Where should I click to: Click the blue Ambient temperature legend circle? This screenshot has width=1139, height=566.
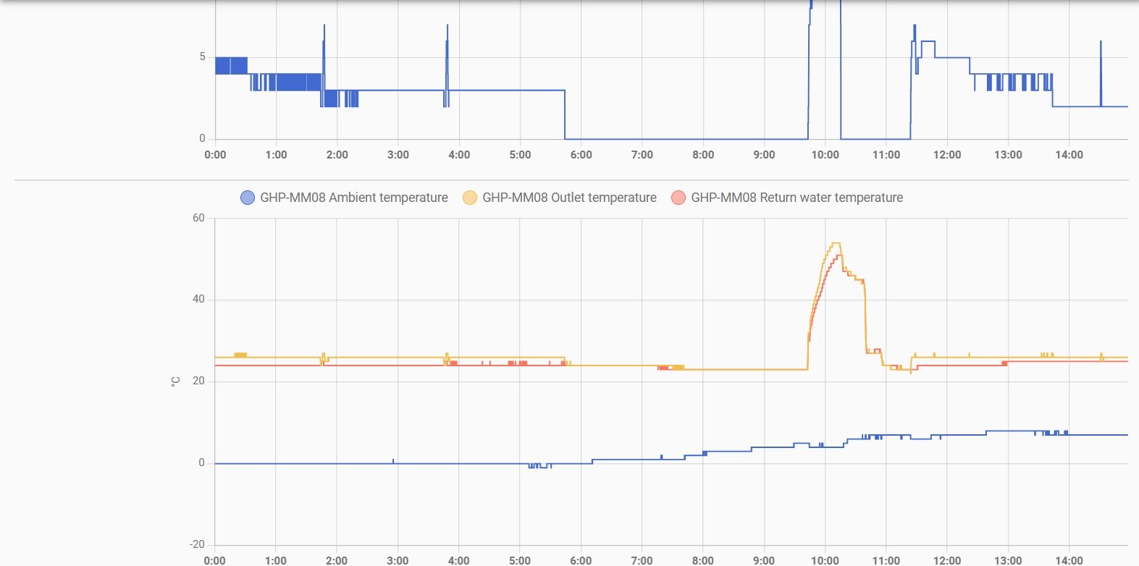(x=248, y=198)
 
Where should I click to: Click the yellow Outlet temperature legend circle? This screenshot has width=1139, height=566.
(x=470, y=198)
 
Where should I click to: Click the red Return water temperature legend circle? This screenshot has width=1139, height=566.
(x=678, y=198)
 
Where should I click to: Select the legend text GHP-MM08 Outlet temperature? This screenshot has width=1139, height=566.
(x=569, y=198)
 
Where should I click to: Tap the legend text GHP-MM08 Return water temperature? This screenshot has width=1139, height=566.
(x=797, y=198)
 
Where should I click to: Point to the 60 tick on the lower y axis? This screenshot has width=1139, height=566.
(x=198, y=218)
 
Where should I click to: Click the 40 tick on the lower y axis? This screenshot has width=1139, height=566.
(x=198, y=299)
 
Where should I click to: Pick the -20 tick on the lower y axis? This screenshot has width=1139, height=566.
(x=197, y=544)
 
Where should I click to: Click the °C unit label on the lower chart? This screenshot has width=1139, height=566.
(x=175, y=381)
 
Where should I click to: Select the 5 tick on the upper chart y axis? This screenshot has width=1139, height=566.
(x=202, y=56)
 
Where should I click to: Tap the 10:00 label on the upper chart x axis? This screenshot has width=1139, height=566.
(x=825, y=155)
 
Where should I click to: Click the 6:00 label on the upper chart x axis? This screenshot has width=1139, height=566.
(x=581, y=155)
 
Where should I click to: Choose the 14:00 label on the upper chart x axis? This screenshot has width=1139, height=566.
(x=1069, y=155)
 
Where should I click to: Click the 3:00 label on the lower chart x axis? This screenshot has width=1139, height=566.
(x=398, y=560)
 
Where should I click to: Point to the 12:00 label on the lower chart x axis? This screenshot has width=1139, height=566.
(x=946, y=560)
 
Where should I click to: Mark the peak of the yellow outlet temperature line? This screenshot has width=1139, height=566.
(x=836, y=243)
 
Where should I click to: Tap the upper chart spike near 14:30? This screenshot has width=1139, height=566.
(x=1101, y=43)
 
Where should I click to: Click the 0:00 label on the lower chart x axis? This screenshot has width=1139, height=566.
(x=214, y=560)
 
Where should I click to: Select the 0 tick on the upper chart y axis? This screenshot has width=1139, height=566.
(x=202, y=138)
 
